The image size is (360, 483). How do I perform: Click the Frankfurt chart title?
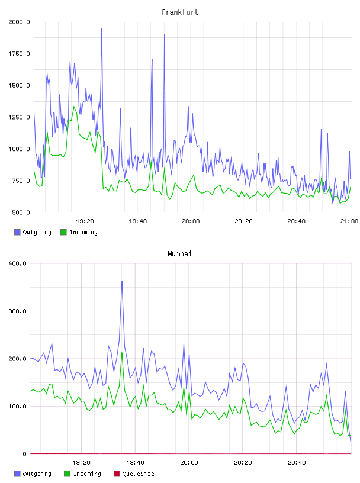tap(180, 12)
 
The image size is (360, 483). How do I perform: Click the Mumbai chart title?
tap(179, 254)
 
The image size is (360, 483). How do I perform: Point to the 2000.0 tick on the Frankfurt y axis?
tap(19, 22)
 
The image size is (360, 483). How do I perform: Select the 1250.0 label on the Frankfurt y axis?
tap(19, 117)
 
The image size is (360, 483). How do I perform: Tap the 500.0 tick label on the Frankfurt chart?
tap(21, 212)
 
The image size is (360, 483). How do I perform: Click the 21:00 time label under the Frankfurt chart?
tap(349, 221)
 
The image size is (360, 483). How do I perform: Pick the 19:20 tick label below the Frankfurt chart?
tap(85, 221)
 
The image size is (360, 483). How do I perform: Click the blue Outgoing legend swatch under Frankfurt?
tap(17, 232)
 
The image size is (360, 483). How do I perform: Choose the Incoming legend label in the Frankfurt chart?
tap(83, 232)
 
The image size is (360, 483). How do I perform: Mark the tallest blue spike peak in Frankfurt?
tap(102, 28)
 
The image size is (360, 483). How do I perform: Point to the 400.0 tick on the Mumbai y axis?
tap(18, 263)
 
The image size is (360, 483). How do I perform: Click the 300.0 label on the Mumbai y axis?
tap(18, 311)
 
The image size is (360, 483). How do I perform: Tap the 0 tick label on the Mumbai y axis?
tap(25, 454)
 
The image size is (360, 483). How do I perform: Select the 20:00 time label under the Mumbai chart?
tap(189, 463)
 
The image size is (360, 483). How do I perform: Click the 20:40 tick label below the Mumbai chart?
tap(297, 463)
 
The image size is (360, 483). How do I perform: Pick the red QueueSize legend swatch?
tap(117, 474)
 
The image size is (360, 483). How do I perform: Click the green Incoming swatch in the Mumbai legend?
tap(67, 474)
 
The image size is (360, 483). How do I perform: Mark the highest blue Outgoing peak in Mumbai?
tap(122, 281)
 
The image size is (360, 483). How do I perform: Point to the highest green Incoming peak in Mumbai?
tap(122, 353)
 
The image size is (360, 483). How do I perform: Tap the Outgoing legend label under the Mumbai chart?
tap(37, 474)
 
